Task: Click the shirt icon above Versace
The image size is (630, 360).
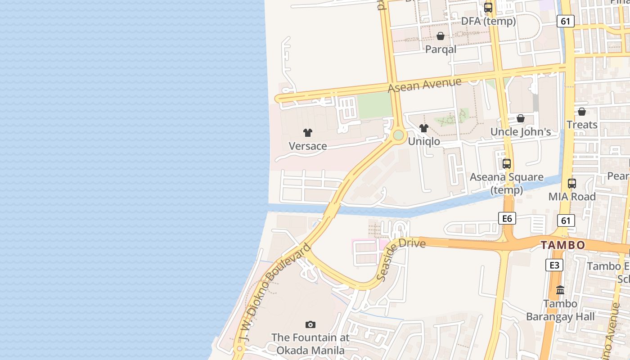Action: (x=308, y=133)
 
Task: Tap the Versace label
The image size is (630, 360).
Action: (x=308, y=146)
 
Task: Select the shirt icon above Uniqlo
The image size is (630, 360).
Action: (x=423, y=128)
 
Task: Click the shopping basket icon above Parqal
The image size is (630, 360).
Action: (x=441, y=36)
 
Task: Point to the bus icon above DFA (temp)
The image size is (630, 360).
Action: (x=488, y=8)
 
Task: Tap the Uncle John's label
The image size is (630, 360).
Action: (x=521, y=132)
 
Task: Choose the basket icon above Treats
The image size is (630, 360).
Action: (x=582, y=111)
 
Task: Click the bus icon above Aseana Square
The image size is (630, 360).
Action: (x=507, y=164)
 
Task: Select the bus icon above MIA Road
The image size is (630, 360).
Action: (x=572, y=184)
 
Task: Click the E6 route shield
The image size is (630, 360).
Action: (x=507, y=219)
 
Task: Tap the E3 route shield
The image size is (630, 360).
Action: (x=554, y=265)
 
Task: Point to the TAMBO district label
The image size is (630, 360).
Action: (x=563, y=245)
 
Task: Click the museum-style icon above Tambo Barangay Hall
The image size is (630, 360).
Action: (x=560, y=290)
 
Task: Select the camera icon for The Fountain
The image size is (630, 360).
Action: (x=310, y=324)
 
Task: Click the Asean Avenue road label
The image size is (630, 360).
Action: (x=424, y=85)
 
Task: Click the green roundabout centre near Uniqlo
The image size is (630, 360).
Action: (x=398, y=135)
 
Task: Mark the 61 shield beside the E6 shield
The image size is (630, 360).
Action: (x=566, y=220)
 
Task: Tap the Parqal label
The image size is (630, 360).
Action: (x=441, y=49)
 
